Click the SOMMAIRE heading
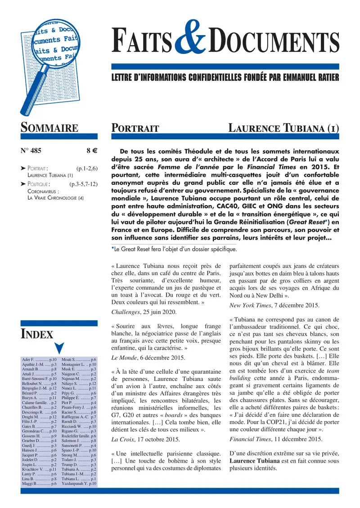click(x=49, y=128)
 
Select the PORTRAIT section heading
click(x=135, y=128)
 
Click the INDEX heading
click(x=37, y=334)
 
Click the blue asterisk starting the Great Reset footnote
click(x=112, y=248)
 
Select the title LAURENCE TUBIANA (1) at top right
click(x=283, y=128)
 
